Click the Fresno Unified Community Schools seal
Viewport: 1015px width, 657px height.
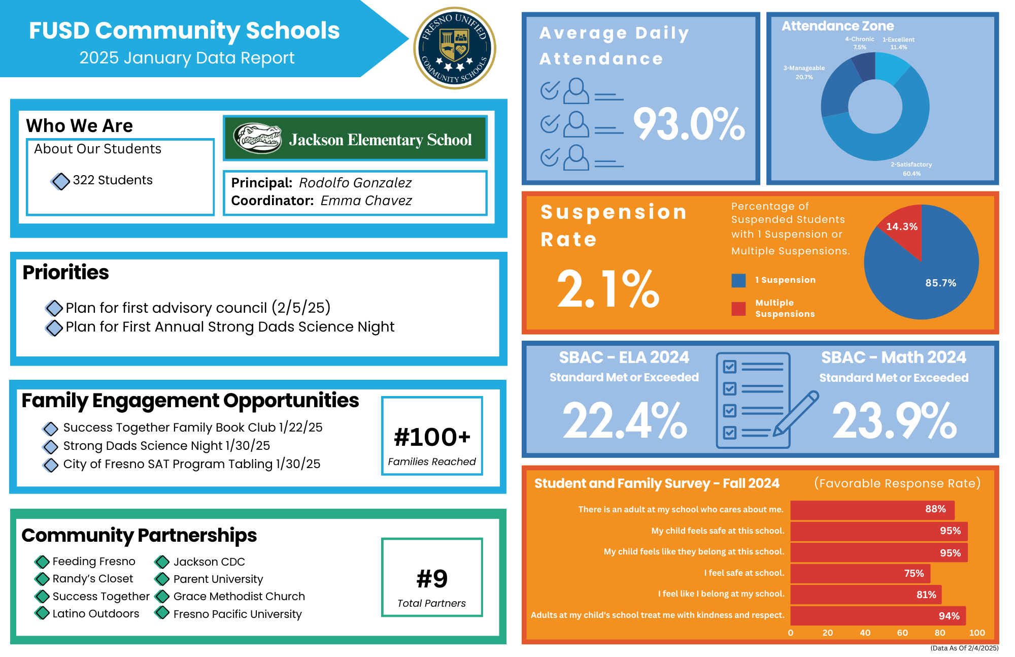pos(455,48)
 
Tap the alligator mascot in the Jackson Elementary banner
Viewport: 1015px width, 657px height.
pos(258,138)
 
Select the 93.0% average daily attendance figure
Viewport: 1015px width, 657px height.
pos(689,124)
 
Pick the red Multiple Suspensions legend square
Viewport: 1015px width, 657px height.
pos(738,309)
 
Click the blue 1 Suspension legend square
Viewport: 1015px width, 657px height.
pos(738,280)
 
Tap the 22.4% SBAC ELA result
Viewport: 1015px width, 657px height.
pos(625,420)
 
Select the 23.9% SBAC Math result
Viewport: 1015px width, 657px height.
pos(894,420)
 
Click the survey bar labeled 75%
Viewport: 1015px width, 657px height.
pos(860,573)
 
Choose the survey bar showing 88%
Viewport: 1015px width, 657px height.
pos(872,510)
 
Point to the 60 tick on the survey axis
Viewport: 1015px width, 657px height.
pos(902,633)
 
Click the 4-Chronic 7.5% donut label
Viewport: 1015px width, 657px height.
pos(859,43)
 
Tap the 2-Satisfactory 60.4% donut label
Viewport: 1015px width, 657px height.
pos(911,169)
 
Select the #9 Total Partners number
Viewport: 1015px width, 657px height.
pos(432,579)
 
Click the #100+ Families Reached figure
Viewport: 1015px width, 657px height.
pos(432,437)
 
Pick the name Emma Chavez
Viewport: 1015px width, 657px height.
pos(366,201)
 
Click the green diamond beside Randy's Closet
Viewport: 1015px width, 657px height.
pos(42,579)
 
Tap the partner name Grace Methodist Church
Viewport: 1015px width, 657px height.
pos(239,596)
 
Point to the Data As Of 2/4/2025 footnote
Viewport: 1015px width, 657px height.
pos(964,648)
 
